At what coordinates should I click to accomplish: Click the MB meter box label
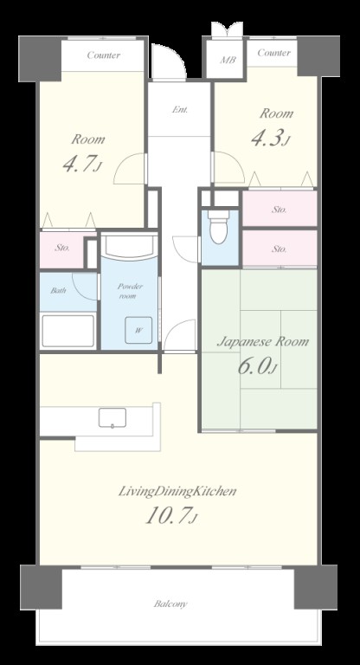coord(228,60)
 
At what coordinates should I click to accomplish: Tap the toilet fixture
coord(218,227)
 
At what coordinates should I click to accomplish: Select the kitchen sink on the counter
coord(112,417)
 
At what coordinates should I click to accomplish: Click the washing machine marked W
coord(138,330)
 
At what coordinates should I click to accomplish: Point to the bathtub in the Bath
coord(67,331)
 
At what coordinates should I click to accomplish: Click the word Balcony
coord(170,604)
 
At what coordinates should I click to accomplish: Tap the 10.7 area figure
coord(168,516)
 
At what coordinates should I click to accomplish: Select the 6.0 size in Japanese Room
coord(254,367)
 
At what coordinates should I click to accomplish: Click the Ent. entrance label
coord(180,109)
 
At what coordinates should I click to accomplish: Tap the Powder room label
coord(130,291)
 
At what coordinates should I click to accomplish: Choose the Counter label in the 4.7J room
coord(104,55)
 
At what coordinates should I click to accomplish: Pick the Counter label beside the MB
coord(274,53)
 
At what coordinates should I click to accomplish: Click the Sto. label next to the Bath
coord(62,249)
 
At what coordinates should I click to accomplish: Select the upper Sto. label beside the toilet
coord(279,210)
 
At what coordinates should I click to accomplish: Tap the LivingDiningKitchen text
coord(177,492)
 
